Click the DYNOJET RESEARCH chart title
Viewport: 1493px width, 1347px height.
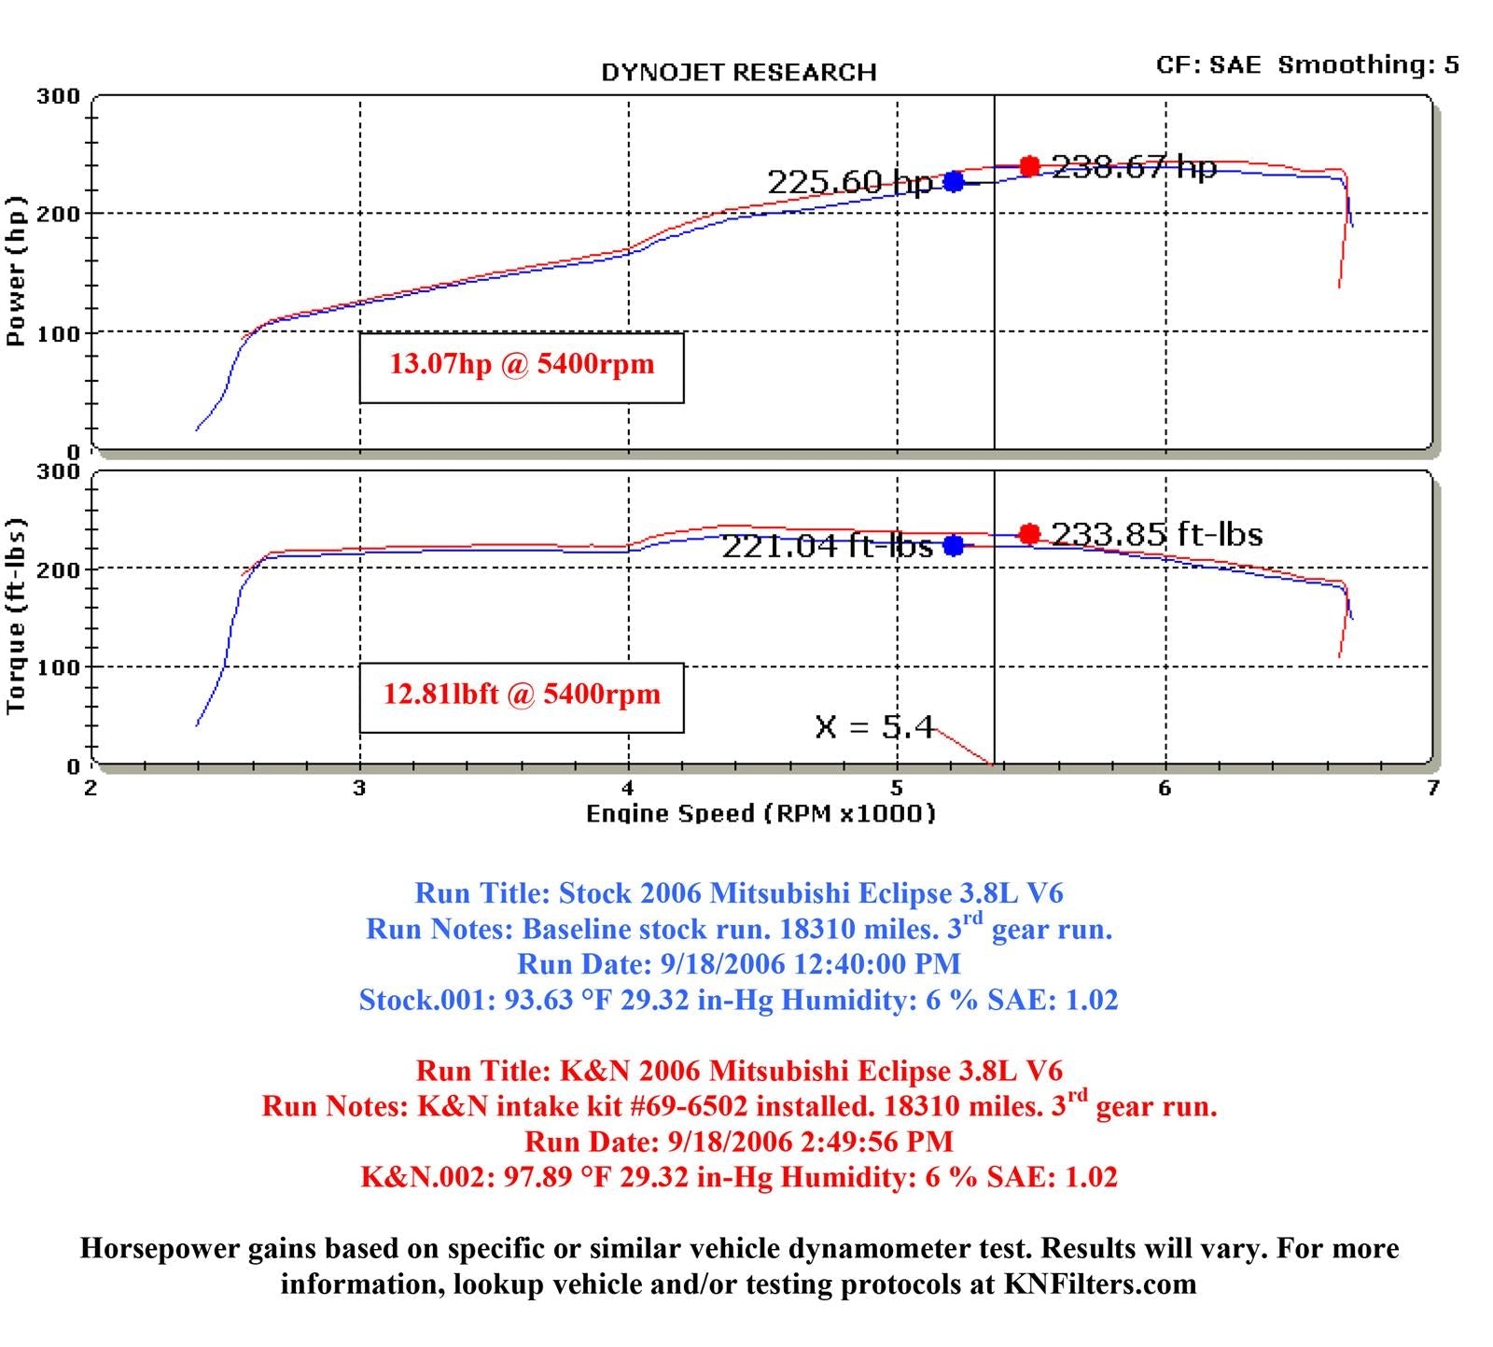pos(738,73)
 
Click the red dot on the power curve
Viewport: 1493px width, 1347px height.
pos(1029,166)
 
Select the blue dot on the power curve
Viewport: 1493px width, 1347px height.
pos(953,182)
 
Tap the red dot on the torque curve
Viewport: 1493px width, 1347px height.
pos(1029,534)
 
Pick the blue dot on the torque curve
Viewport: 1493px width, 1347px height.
pos(953,545)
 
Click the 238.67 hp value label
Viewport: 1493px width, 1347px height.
pos(1134,167)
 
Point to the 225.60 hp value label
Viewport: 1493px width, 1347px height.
pos(849,182)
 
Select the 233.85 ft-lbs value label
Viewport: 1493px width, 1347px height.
pos(1157,534)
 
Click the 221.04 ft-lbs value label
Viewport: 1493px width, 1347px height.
pos(827,546)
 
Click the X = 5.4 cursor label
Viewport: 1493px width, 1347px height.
pos(874,727)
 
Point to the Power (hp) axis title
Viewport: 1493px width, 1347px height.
pos(16,271)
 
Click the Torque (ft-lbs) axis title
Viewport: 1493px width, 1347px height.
pos(16,616)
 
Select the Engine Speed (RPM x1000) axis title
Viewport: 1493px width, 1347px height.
pos(760,814)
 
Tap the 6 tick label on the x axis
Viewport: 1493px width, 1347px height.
pos(1165,789)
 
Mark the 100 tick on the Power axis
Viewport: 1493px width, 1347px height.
pos(58,334)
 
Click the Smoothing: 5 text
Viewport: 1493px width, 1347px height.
pos(1368,65)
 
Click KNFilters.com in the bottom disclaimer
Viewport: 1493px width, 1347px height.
pos(1100,1284)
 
